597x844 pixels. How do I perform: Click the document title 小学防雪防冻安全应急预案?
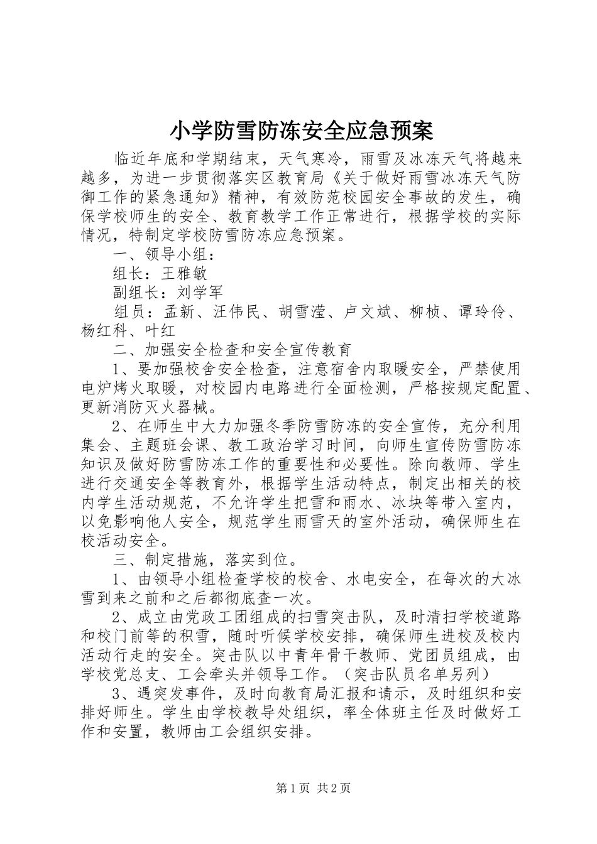[302, 131]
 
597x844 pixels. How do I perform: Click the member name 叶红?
[160, 330]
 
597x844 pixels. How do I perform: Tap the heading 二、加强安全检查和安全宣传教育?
[233, 349]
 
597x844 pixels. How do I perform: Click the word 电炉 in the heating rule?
[98, 387]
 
